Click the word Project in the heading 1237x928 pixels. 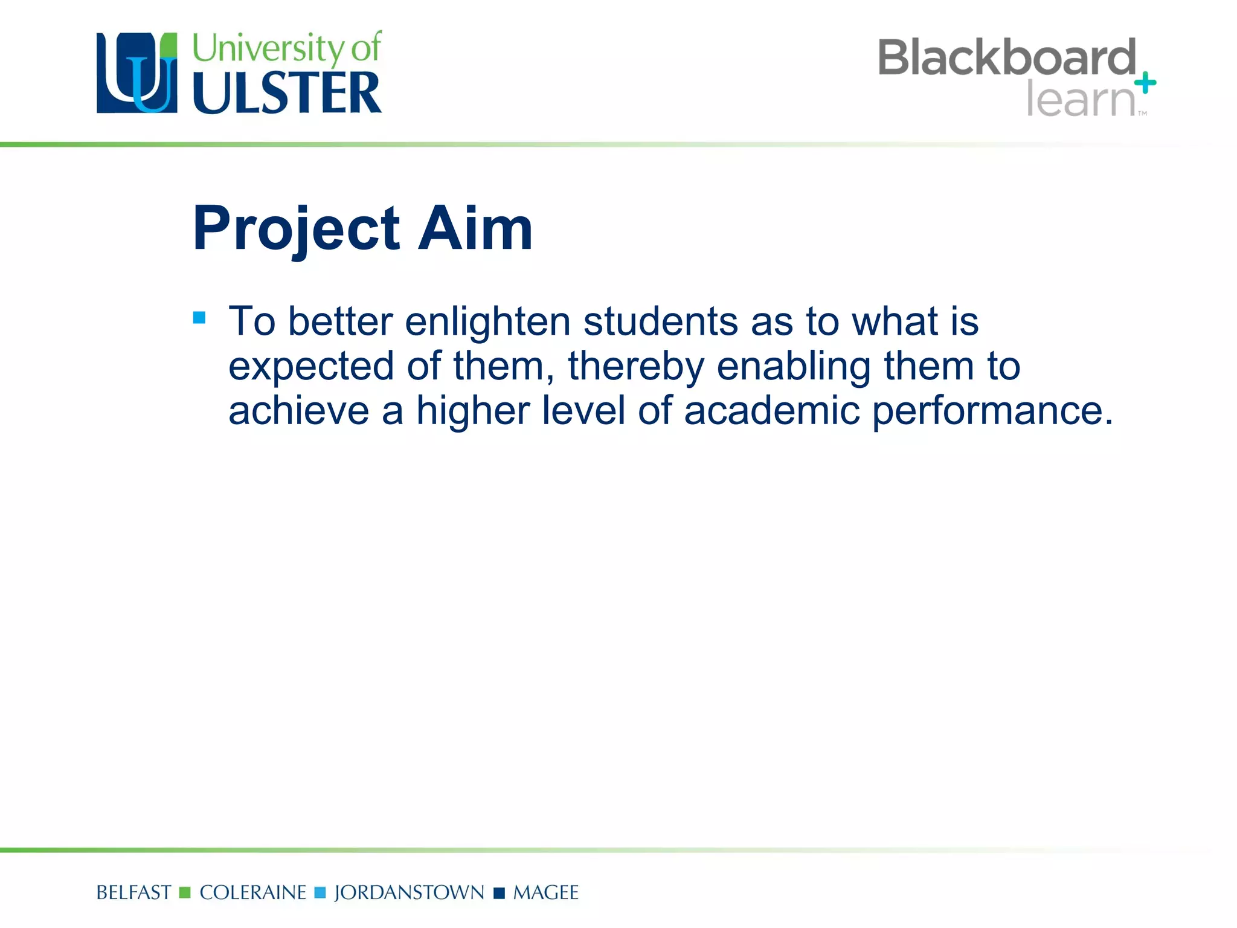pos(296,228)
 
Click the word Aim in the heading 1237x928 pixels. pos(475,228)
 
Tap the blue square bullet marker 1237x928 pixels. pos(199,317)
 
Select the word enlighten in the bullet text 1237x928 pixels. pos(487,322)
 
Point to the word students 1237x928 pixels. pos(660,322)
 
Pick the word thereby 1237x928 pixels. pos(636,367)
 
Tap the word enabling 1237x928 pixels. pos(794,367)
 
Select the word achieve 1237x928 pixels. pos(298,411)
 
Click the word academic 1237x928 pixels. pos(771,411)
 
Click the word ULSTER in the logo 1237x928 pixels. pos(287,92)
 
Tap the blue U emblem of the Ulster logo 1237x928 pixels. pos(137,73)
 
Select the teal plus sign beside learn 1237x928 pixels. pos(1145,83)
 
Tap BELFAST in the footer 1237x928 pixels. pos(133,892)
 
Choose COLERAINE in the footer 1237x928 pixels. pos(252,892)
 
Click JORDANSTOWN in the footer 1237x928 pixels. pos(409,892)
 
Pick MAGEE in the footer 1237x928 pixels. pos(545,892)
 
